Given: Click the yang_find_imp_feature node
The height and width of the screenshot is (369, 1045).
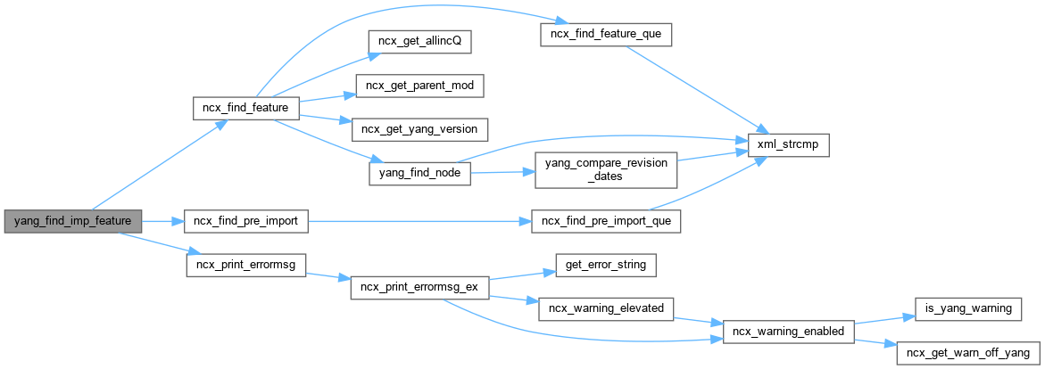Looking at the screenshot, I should [x=73, y=220].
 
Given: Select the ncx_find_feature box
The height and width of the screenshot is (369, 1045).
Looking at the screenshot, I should [x=245, y=108].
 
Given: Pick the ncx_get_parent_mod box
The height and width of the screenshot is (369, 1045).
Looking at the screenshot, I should [x=419, y=86].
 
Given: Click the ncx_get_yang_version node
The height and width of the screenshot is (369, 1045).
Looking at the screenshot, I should [x=419, y=129].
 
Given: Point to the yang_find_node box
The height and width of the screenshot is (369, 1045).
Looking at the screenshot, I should [x=419, y=173].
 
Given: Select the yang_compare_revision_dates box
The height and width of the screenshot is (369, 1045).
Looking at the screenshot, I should [x=605, y=168].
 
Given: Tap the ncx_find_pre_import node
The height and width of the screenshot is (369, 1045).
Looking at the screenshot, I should [x=245, y=220].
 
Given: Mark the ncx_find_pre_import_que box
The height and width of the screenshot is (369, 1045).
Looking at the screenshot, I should [x=606, y=220].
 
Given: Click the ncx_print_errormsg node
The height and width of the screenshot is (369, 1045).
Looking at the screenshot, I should [x=245, y=265].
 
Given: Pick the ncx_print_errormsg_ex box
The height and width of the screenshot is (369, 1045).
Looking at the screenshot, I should [x=419, y=288].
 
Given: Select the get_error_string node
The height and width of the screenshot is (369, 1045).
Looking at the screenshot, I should [x=606, y=265].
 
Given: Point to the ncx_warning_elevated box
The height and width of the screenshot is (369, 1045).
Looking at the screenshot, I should [x=606, y=308].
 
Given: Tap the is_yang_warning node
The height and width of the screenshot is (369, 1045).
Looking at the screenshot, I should [x=968, y=308].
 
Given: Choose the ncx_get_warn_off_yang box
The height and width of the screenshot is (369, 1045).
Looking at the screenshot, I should [x=968, y=352].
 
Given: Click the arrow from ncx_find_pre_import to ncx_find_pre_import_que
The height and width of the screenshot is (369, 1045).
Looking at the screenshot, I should [x=419, y=220].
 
